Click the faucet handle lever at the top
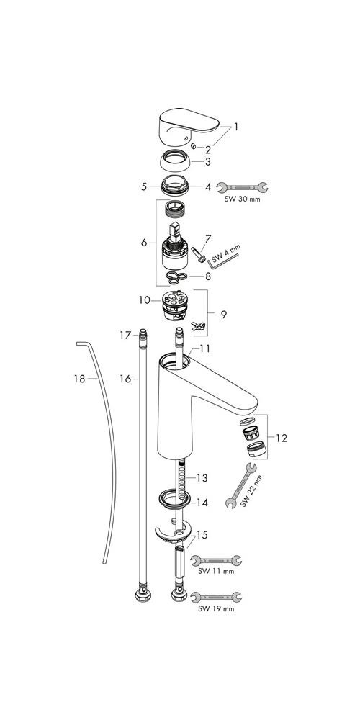pos(188,123)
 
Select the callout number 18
pos(79,379)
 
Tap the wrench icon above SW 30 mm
pos(241,187)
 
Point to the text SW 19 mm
pos(216,609)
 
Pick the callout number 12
pos(281,438)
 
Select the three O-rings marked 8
pos(176,276)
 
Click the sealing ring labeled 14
pos(174,499)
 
